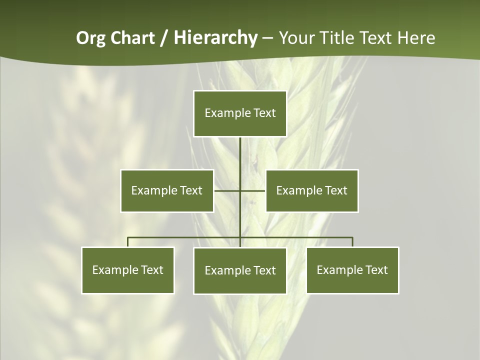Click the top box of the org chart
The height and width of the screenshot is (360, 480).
[240, 113]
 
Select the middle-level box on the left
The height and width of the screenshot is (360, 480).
[167, 191]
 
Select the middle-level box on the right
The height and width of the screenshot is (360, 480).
[312, 191]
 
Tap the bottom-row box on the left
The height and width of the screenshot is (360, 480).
[128, 270]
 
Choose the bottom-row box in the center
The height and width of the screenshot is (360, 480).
[240, 271]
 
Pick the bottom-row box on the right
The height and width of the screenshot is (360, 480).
[352, 270]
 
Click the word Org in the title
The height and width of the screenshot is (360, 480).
[90, 38]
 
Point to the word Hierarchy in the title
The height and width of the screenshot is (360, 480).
[215, 38]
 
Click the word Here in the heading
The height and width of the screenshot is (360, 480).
[416, 38]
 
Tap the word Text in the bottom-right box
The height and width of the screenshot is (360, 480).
[376, 270]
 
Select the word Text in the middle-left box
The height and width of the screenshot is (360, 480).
[190, 190]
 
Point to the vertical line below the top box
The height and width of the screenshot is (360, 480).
[240, 155]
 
